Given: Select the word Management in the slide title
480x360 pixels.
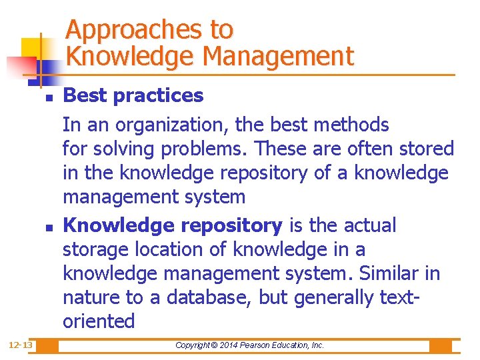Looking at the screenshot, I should coord(278,57).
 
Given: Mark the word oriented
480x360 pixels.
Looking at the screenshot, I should coord(98,321).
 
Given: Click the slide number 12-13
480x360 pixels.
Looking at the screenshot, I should coord(21,345).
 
